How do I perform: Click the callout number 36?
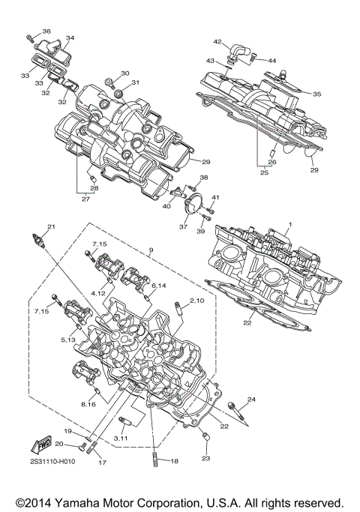click(x=46, y=31)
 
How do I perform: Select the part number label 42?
click(x=217, y=41)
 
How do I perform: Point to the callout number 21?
click(x=51, y=226)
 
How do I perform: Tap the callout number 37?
click(x=182, y=226)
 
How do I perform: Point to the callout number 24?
click(x=252, y=399)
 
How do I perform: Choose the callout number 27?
click(x=86, y=199)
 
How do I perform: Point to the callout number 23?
click(x=206, y=457)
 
